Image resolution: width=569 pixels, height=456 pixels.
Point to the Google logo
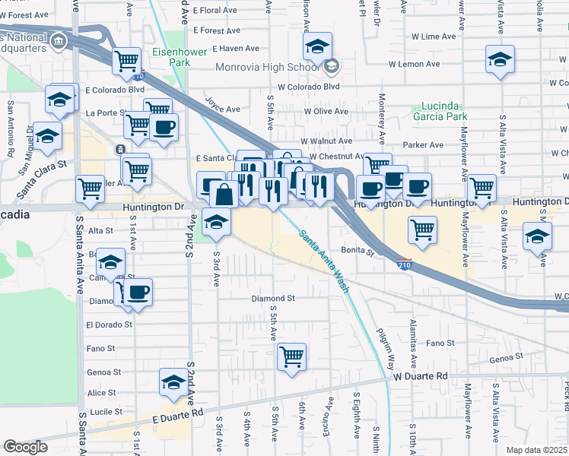click(25, 447)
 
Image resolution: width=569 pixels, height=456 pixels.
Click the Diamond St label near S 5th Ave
click(273, 299)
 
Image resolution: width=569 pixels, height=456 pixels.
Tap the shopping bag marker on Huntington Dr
click(224, 195)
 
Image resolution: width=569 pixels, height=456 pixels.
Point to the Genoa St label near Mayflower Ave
click(507, 357)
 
